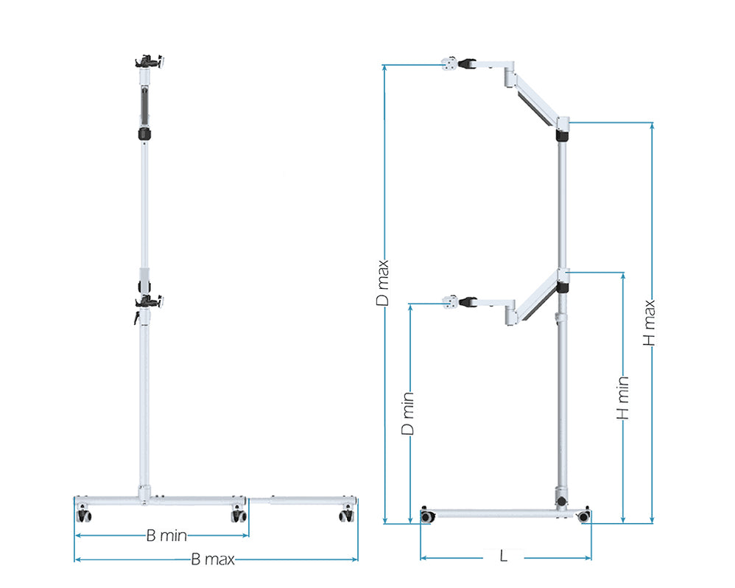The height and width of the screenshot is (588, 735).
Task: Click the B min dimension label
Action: [166, 536]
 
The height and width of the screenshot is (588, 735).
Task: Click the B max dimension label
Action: [213, 559]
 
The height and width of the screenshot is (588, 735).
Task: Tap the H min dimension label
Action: [623, 398]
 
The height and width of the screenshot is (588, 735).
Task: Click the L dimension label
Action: [503, 556]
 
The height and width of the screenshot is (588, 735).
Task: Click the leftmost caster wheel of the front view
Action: [83, 514]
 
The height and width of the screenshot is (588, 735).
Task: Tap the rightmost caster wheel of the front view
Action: [346, 515]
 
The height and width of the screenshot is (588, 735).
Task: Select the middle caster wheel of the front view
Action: [238, 515]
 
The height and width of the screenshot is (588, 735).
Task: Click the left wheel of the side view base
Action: [426, 516]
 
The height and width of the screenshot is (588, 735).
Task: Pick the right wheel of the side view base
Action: [584, 516]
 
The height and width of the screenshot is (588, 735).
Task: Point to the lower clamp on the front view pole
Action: [149, 301]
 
